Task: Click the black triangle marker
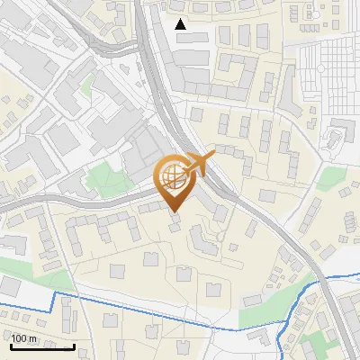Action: coord(181,24)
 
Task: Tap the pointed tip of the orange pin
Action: coord(175,211)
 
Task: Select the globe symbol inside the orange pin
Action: coord(174,177)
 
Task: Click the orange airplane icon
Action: coord(200,163)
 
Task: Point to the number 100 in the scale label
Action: coord(20,338)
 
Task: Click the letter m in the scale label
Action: coord(33,338)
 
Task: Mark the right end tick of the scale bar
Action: coord(74,346)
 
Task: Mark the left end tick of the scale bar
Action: coord(11,346)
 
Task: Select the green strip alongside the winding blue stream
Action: coord(270,315)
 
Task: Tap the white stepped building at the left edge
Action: coord(11,243)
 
